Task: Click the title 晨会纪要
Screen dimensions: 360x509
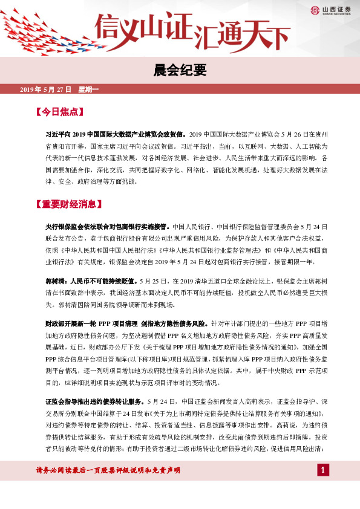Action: tap(179, 71)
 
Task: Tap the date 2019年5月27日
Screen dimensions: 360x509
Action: tap(45, 89)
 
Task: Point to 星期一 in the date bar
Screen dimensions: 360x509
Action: tap(88, 89)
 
